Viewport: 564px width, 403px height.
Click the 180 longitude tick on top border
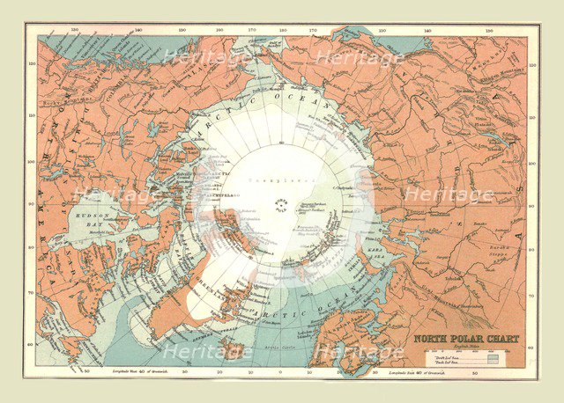click(281, 29)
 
